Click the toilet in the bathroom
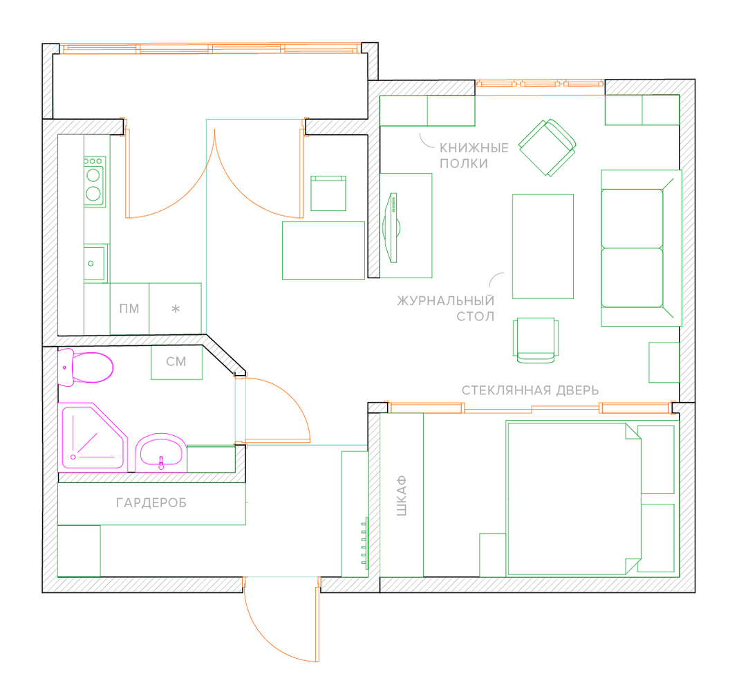85,367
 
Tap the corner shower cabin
93,437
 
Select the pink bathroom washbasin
160,453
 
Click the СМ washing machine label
176,362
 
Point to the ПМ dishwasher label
129,309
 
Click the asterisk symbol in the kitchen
176,309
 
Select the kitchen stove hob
94,181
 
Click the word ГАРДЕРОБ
151,503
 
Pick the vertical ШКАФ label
401,495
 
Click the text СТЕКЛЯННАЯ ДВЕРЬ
530,390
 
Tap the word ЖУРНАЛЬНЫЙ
446,300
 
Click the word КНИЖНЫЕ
474,148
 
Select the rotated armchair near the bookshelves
548,147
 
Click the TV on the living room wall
391,228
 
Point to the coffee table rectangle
543,246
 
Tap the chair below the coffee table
536,340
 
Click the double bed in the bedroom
574,498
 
